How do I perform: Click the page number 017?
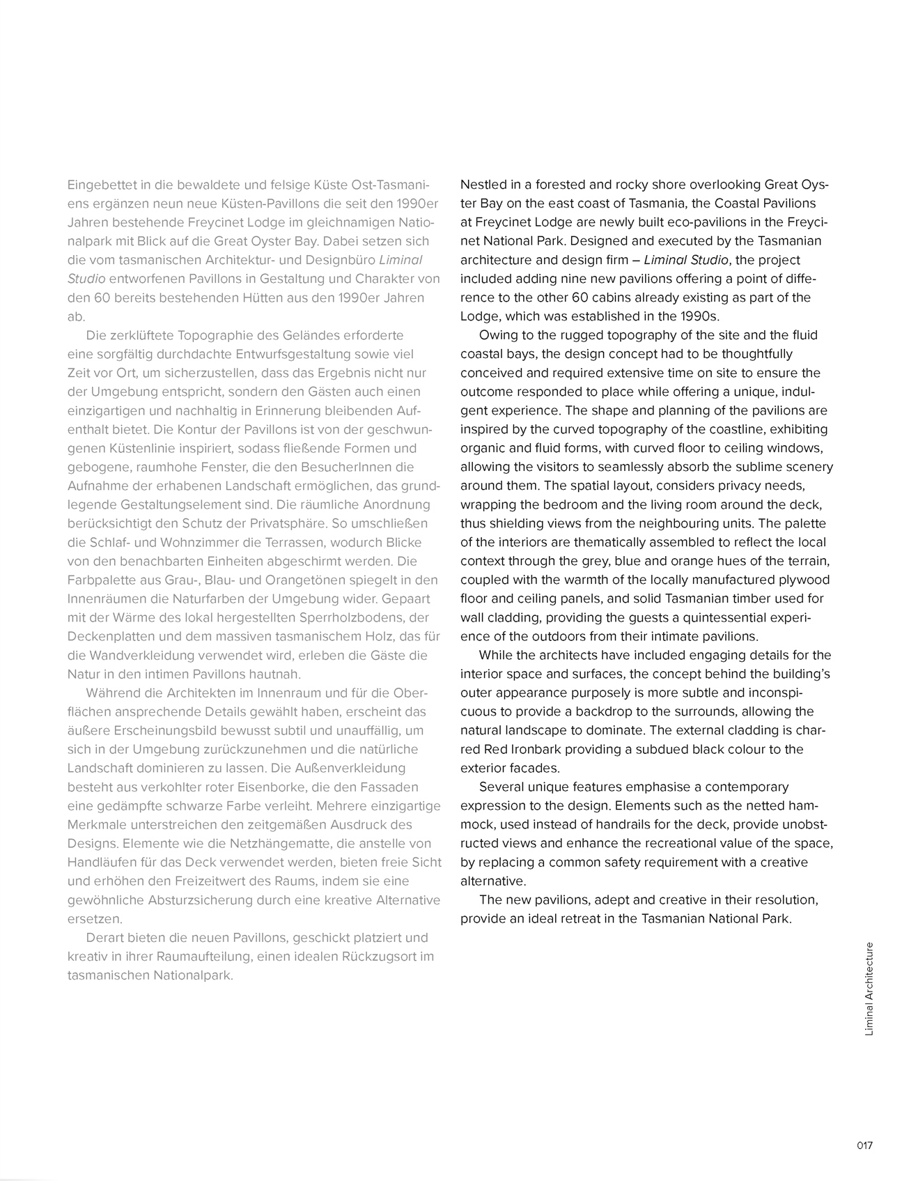pyautogui.click(x=864, y=1145)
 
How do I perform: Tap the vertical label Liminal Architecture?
pyautogui.click(x=869, y=988)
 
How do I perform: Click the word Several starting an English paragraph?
pyautogui.click(x=502, y=787)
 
